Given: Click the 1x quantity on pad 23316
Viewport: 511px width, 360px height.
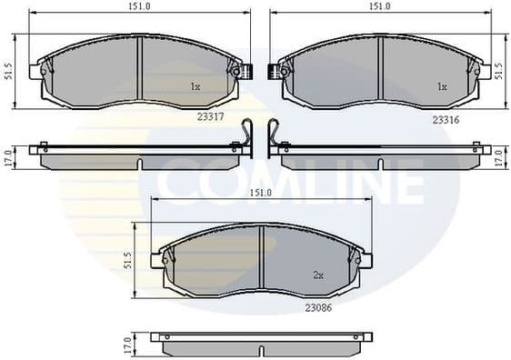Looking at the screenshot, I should coord(442,87).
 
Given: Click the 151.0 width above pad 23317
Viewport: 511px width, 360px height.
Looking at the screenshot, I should coord(139,7).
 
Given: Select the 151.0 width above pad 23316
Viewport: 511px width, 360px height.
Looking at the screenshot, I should coord(379,7).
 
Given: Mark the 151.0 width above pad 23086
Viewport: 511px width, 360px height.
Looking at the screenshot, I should coord(261,193).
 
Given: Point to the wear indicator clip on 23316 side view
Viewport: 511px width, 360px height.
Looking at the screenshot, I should coord(272,135).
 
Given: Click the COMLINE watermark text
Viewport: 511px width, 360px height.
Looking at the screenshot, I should coord(288,182).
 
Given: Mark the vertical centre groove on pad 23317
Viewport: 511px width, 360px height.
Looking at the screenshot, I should coord(138,73).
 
